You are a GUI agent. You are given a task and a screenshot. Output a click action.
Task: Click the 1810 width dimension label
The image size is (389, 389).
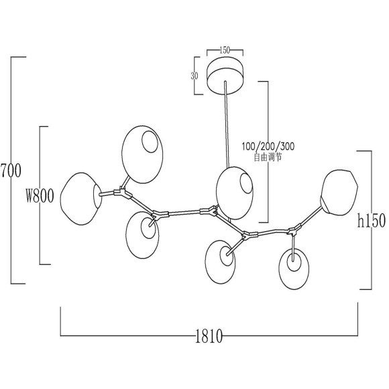pyautogui.click(x=209, y=336)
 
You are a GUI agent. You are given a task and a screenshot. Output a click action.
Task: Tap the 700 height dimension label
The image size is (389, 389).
pyautogui.click(x=11, y=170)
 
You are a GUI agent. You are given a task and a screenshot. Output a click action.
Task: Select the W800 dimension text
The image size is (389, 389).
pyautogui.click(x=40, y=196)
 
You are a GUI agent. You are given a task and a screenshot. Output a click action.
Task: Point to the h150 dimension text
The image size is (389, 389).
pyautogui.click(x=372, y=221)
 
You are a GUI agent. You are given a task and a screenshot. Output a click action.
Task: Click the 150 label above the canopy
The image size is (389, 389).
pyautogui.click(x=225, y=50)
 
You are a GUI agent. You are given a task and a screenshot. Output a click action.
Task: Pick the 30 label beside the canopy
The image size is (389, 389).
pyautogui.click(x=194, y=76)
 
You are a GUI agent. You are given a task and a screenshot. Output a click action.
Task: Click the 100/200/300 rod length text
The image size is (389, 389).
pyautogui.click(x=268, y=146)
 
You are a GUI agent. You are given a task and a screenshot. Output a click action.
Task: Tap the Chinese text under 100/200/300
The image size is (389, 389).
pyautogui.click(x=268, y=157)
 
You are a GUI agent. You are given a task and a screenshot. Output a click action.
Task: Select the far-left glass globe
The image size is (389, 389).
pyautogui.click(x=81, y=199)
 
